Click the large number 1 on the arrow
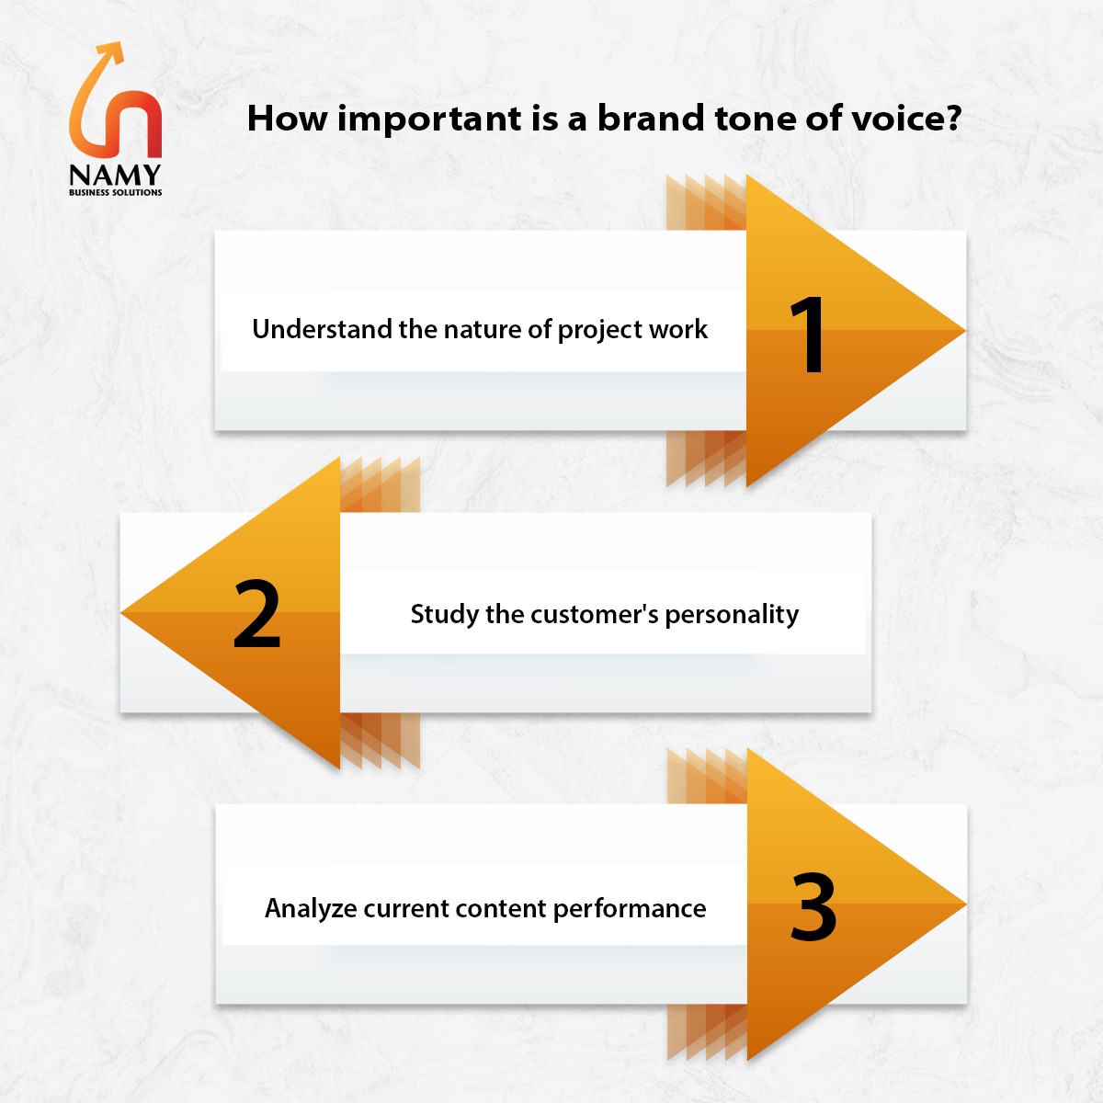click(x=808, y=335)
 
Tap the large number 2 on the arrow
click(x=257, y=613)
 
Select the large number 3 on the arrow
click(x=813, y=907)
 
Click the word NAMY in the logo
click(x=115, y=176)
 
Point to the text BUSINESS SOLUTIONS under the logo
click(x=115, y=192)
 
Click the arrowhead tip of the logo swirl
click(x=120, y=43)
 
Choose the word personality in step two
click(x=732, y=615)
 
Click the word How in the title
click(x=287, y=119)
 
